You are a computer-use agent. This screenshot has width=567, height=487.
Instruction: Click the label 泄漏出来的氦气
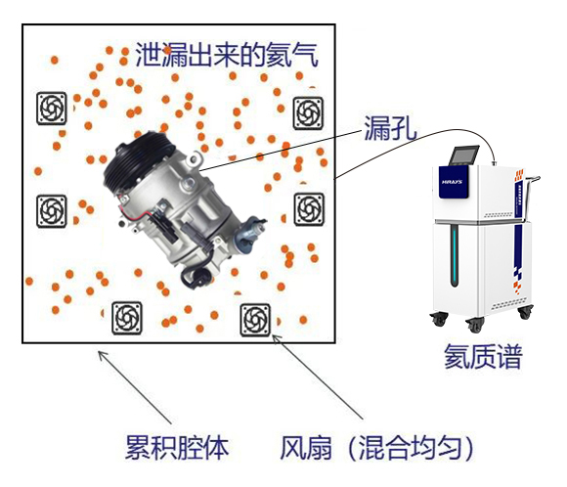227,53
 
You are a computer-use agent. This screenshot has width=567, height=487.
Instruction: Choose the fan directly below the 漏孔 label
309,206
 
